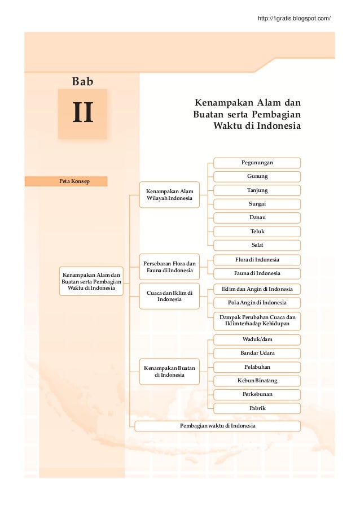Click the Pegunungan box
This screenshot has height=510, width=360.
(257, 163)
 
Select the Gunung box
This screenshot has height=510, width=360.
(257, 176)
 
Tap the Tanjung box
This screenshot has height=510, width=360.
(257, 190)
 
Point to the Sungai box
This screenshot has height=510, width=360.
(257, 203)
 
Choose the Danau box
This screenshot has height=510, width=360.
(257, 217)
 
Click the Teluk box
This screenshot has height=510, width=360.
(257, 231)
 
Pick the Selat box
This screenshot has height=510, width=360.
(257, 245)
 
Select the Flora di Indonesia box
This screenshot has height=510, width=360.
(257, 260)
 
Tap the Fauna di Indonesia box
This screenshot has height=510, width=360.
(257, 273)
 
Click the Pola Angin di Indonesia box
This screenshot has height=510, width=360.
(257, 303)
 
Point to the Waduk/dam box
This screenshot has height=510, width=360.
(257, 339)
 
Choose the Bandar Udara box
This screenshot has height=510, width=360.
(257, 353)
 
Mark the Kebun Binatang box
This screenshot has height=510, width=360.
(257, 381)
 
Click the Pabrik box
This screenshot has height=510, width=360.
(257, 408)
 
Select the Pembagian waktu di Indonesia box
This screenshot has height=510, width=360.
(217, 425)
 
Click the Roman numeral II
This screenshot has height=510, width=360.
(82, 114)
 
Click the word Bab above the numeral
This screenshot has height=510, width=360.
(82, 82)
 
